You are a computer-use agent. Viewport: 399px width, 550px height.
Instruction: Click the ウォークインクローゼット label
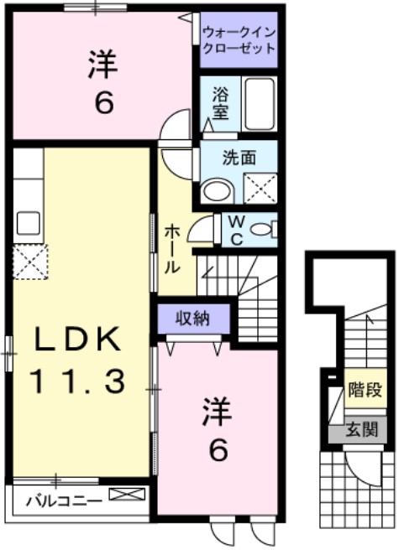point(239,40)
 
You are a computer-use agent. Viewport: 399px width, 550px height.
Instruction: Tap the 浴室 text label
point(220,104)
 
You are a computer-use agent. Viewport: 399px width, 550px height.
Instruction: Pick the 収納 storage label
point(192,318)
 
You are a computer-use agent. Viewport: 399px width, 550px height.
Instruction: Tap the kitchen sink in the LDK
point(29,223)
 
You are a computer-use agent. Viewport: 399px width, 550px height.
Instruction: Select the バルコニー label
point(63,502)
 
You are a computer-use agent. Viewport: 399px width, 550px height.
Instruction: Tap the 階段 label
point(365,390)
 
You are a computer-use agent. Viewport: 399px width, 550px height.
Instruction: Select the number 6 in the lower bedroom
point(218,451)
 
